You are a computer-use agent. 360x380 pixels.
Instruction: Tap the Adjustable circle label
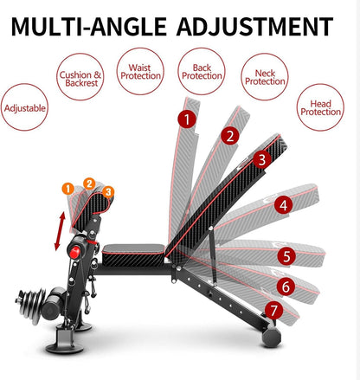[25, 110]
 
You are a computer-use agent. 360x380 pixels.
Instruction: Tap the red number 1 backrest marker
[184, 119]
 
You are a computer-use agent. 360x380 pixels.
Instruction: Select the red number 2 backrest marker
[228, 135]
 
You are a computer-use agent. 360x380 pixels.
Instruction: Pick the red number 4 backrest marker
[282, 205]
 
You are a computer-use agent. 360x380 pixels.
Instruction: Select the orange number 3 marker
[107, 190]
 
